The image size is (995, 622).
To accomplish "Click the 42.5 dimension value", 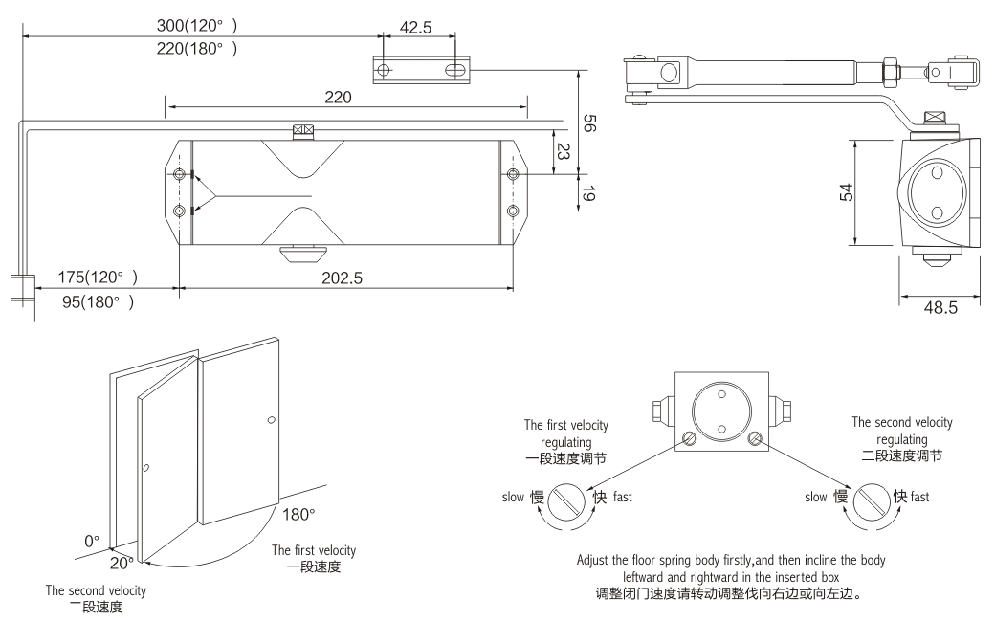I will click(414, 28).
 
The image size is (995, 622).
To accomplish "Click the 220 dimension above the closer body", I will click(337, 97).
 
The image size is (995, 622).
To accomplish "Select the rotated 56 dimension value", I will click(590, 123).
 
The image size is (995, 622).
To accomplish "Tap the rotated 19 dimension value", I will click(590, 193).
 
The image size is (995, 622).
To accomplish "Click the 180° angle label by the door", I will click(299, 515).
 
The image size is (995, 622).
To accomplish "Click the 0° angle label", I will click(91, 541).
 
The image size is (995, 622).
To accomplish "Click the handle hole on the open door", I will click(145, 469).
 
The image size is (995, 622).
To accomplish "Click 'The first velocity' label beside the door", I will click(314, 550).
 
